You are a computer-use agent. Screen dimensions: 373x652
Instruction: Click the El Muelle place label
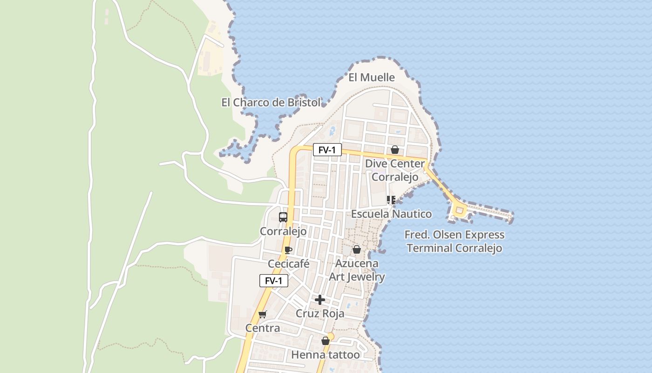[372, 77]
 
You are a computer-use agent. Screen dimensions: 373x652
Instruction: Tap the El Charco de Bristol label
[271, 103]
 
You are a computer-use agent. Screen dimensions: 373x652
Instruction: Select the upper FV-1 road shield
[327, 150]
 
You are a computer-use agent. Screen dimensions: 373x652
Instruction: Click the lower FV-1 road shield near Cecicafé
[274, 281]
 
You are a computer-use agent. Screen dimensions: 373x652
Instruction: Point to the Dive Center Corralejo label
[395, 170]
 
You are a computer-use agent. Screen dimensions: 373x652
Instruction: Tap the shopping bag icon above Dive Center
[395, 150]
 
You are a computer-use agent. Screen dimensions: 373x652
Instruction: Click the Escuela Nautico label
[391, 214]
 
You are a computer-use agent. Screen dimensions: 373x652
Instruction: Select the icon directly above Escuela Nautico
[391, 200]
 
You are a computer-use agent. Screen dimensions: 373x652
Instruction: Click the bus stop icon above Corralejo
[283, 217]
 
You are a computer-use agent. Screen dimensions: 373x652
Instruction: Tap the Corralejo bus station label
[283, 231]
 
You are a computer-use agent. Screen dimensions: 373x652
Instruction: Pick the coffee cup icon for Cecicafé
[288, 250]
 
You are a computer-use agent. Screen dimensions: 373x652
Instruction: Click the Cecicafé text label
[289, 264]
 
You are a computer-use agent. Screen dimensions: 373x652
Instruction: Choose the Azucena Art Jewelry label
[357, 270]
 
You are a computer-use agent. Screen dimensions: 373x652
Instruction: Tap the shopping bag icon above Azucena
[357, 250]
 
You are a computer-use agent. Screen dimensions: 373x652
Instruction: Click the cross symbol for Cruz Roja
[320, 300]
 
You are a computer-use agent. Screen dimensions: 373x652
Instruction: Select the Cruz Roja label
[320, 313]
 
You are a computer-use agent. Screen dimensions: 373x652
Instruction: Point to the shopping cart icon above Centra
[263, 315]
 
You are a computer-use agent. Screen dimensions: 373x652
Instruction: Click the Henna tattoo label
[326, 355]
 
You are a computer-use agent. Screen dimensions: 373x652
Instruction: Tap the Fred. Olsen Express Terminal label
[455, 242]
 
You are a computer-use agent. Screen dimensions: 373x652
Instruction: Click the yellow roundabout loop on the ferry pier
[460, 211]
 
